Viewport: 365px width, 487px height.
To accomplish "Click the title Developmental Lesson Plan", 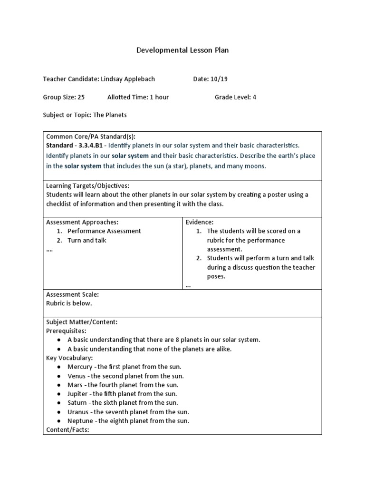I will (x=182, y=50).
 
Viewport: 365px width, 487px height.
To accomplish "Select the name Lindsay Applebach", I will (x=128, y=79).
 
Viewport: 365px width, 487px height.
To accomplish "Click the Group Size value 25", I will (x=81, y=97).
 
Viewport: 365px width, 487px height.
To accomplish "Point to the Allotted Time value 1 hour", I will (x=159, y=97).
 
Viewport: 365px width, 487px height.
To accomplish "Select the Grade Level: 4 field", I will (x=235, y=97).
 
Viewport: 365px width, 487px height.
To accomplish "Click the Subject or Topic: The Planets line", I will (x=85, y=115).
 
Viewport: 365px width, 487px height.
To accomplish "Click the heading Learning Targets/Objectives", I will (x=87, y=185).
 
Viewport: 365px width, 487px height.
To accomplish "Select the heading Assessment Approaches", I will (x=82, y=222).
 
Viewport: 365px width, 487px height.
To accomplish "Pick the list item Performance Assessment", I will (x=104, y=231).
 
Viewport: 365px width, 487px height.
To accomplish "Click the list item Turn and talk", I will (x=87, y=240).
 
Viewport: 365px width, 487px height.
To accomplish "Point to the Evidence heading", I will (x=199, y=222).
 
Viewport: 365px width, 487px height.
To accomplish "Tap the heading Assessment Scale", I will (x=72, y=294).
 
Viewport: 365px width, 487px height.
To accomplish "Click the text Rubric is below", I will (x=69, y=303).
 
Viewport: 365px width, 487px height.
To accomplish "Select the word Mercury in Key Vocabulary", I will (x=80, y=367).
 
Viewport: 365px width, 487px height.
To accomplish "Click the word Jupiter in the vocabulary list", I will (x=77, y=394).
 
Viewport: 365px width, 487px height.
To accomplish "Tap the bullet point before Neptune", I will (x=58, y=421).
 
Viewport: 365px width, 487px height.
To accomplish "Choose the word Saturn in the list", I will (x=77, y=403).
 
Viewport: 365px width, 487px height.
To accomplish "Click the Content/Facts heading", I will (x=67, y=430).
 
